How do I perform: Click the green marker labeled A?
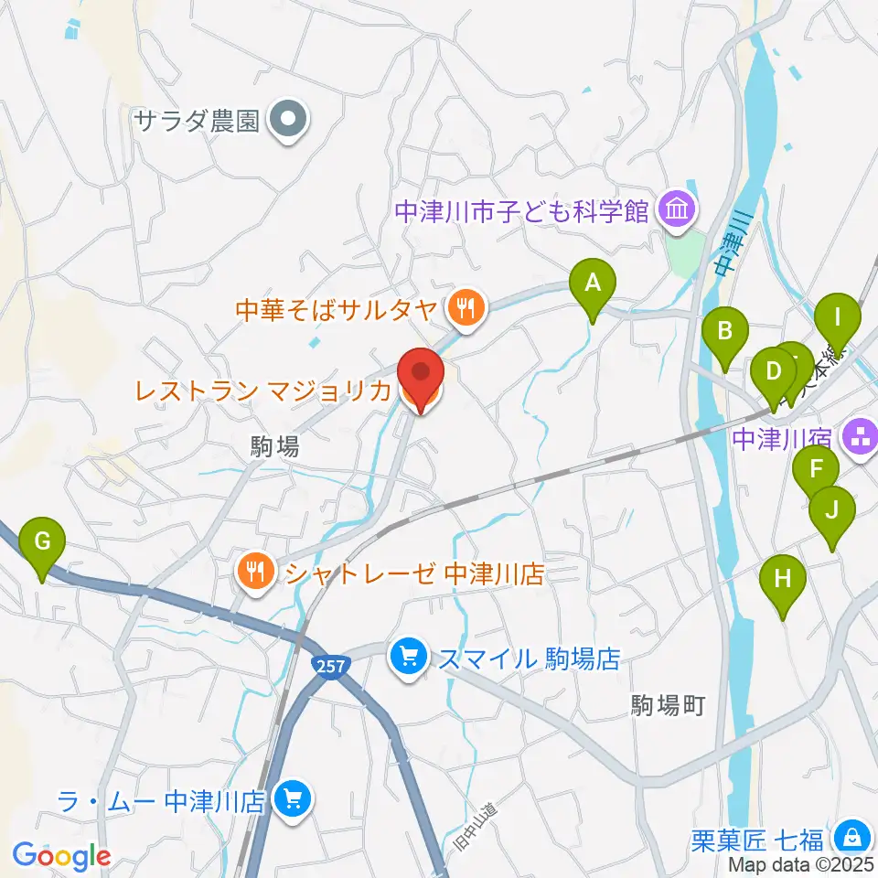coord(592,284)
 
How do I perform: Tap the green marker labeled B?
coord(725,332)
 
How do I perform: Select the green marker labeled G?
coord(42,541)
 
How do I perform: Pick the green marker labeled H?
coord(784,580)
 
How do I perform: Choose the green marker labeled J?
coord(832,510)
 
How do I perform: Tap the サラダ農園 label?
coord(198,120)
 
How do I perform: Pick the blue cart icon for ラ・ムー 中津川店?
coord(293,800)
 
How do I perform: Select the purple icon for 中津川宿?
coord(859,435)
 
